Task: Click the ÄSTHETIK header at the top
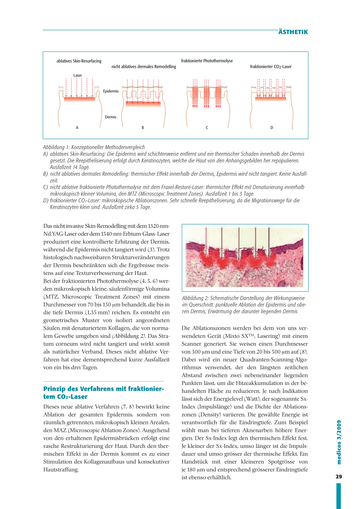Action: pyautogui.click(x=293, y=32)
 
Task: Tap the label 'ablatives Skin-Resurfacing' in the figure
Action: pyautogui.click(x=79, y=61)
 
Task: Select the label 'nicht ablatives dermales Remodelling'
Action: pyautogui.click(x=144, y=67)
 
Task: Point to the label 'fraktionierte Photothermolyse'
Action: pyautogui.click(x=207, y=61)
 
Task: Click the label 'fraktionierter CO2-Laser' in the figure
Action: pyautogui.click(x=271, y=67)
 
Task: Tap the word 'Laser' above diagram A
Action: pyautogui.click(x=78, y=76)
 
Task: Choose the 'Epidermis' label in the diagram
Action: pyautogui.click(x=111, y=91)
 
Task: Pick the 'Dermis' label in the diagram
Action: pyautogui.click(x=110, y=117)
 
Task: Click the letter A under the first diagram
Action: pyautogui.click(x=77, y=128)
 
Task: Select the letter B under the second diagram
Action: pyautogui.click(x=143, y=128)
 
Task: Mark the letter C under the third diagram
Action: pyautogui.click(x=207, y=128)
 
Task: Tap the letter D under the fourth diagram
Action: pyautogui.click(x=272, y=128)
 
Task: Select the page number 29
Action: pyautogui.click(x=339, y=477)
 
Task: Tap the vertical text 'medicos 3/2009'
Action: pyautogui.click(x=339, y=442)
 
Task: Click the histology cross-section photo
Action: pyautogui.click(x=245, y=257)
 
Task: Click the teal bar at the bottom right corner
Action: pyautogui.click(x=339, y=496)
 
